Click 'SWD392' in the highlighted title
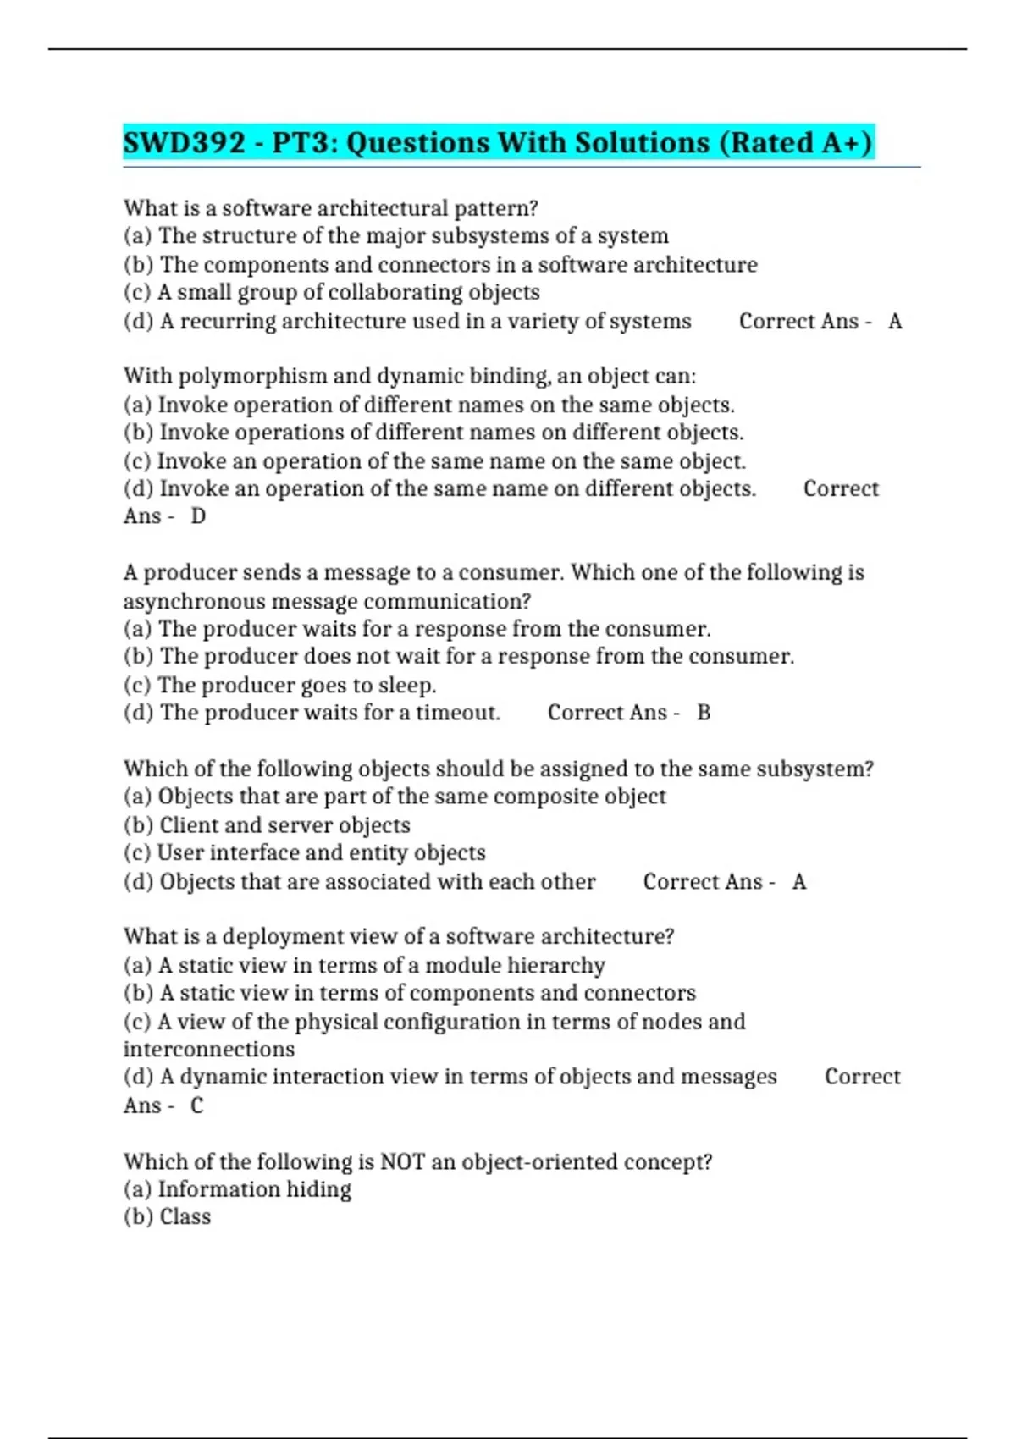pyautogui.click(x=185, y=142)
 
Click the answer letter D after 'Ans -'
pyautogui.click(x=198, y=516)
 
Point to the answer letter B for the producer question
pyautogui.click(x=704, y=713)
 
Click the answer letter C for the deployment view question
pyautogui.click(x=196, y=1105)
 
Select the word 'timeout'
pyautogui.click(x=457, y=713)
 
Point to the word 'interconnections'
pyautogui.click(x=209, y=1050)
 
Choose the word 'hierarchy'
pyautogui.click(x=558, y=966)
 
